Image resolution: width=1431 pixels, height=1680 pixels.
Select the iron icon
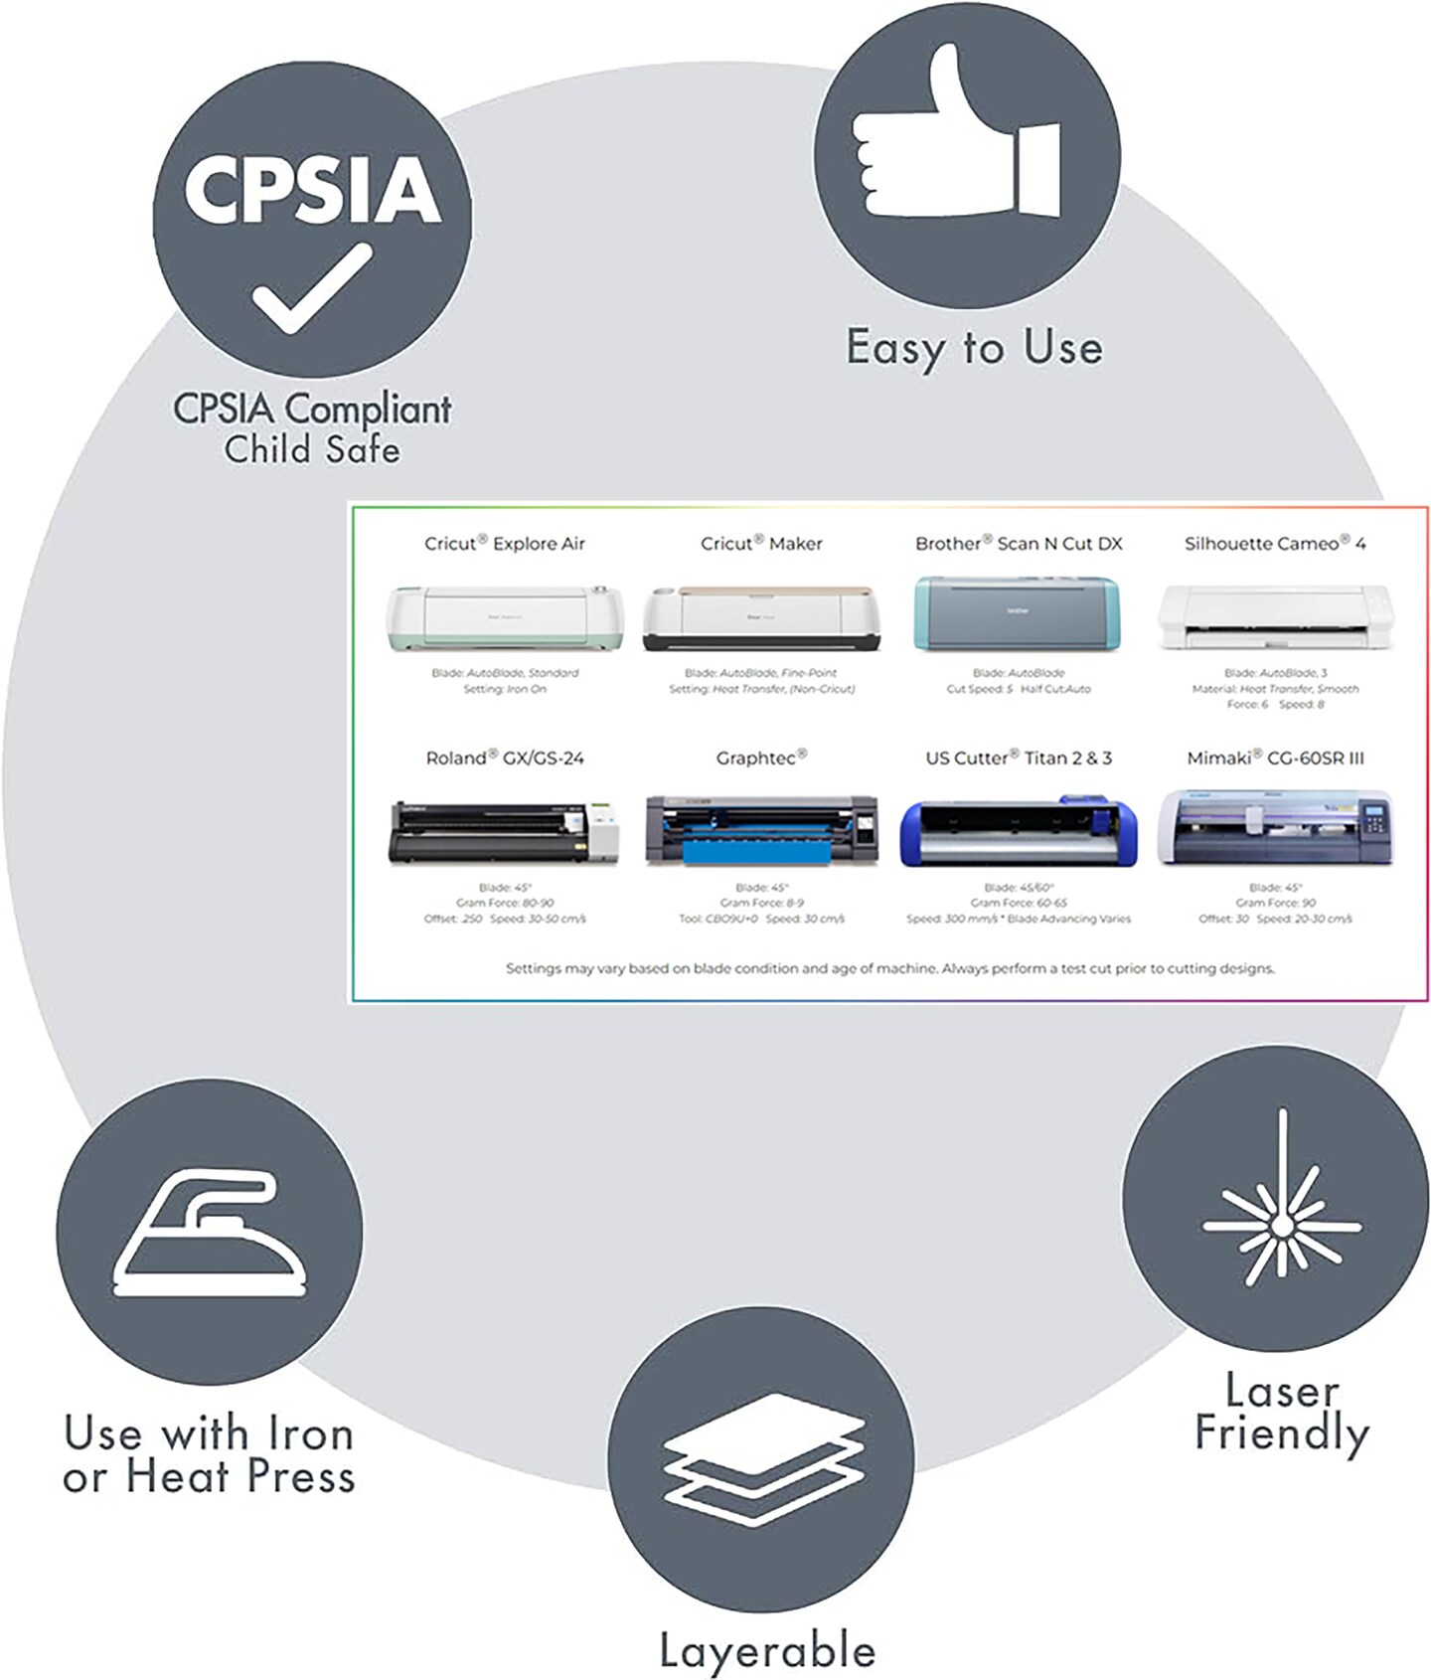[x=210, y=1235]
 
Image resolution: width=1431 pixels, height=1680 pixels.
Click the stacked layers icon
[x=761, y=1459]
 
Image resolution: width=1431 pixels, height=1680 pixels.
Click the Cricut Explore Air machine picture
[x=505, y=617]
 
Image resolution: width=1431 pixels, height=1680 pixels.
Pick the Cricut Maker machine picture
[x=761, y=617]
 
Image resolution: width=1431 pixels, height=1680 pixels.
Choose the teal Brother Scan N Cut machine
[x=1018, y=613]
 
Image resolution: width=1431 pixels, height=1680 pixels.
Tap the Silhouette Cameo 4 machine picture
[x=1275, y=617]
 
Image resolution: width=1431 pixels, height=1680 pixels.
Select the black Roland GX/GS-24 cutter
[x=505, y=831]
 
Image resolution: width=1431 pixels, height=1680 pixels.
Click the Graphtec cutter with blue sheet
[x=761, y=830]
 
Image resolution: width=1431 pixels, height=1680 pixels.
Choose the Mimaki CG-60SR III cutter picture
[x=1275, y=827]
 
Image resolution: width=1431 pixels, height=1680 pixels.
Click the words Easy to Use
[x=974, y=348]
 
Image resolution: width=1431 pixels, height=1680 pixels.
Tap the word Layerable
[x=767, y=1650]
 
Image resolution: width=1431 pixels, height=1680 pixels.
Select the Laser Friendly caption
[x=1282, y=1412]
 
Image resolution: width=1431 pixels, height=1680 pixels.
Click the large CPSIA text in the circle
[x=312, y=189]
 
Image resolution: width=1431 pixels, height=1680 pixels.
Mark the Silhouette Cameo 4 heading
[x=1275, y=543]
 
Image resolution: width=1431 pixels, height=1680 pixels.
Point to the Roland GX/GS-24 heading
[x=505, y=757]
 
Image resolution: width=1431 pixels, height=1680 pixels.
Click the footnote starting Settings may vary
[x=889, y=968]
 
